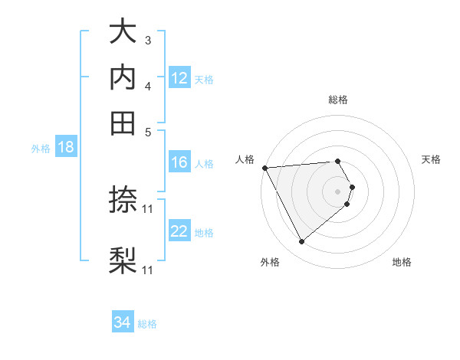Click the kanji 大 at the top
point(123,32)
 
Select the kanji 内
point(123,77)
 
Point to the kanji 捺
point(123,201)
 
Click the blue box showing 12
point(179,78)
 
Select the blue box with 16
point(179,162)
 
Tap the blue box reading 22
point(179,231)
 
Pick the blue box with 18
point(65,148)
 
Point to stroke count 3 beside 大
point(148,40)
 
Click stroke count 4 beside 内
point(148,85)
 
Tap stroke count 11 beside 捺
point(148,208)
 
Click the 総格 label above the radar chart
point(338,100)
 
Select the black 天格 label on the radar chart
point(431,159)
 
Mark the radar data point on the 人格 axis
point(264,167)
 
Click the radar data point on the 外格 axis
point(301,242)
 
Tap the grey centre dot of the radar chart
point(338,191)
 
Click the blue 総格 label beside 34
point(147,324)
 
